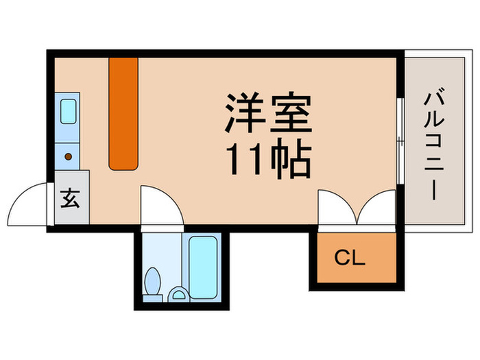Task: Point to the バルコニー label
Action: [433, 144]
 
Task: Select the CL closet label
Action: [350, 259]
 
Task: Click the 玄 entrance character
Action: [71, 200]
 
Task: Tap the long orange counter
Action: [124, 113]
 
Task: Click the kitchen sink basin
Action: [69, 110]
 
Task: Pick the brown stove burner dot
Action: [69, 157]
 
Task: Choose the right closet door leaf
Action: [377, 208]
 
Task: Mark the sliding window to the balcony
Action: [400, 140]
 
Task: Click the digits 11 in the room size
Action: [237, 160]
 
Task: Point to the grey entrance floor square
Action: [71, 204]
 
